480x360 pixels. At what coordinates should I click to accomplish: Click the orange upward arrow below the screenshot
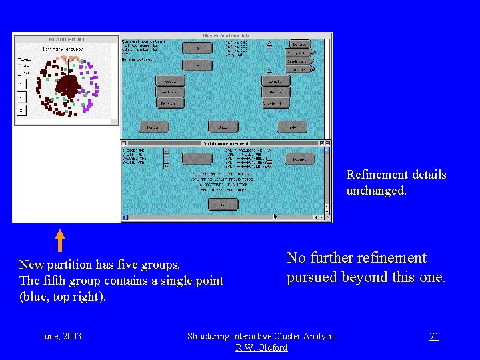coord(59,241)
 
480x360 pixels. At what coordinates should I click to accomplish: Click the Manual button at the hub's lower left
coord(154,127)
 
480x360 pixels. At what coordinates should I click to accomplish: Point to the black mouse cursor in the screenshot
coord(275,216)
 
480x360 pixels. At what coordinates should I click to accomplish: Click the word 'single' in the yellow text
coord(178,281)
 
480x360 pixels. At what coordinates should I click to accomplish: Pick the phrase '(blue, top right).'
coord(62,297)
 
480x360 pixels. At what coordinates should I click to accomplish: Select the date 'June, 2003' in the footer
coord(61,336)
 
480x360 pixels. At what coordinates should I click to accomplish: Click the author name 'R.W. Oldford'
coord(261,347)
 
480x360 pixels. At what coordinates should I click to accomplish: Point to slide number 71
coord(434,336)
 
